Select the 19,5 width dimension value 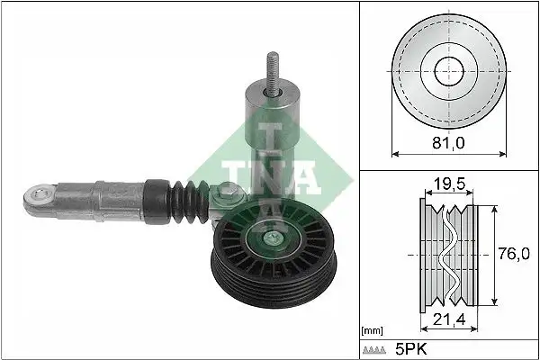(x=448, y=185)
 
